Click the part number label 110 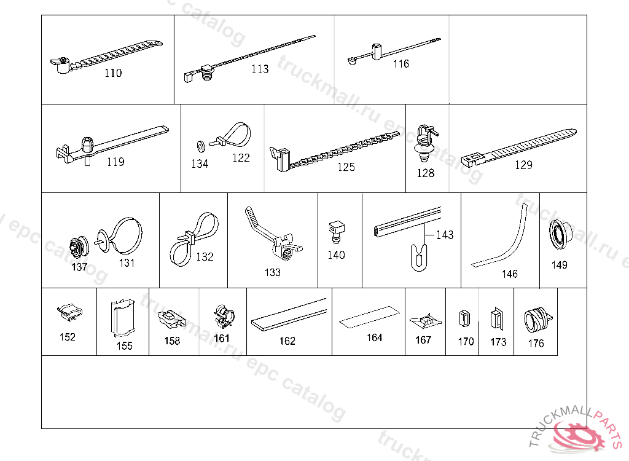(113, 73)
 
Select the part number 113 (260, 69)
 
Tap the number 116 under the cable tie (401, 64)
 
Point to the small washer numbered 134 (200, 146)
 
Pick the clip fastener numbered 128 (425, 143)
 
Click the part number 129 (523, 165)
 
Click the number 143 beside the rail (445, 235)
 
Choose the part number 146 (510, 274)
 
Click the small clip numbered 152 (69, 311)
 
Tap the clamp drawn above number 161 (222, 317)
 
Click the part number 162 (287, 341)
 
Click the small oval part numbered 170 (465, 319)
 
